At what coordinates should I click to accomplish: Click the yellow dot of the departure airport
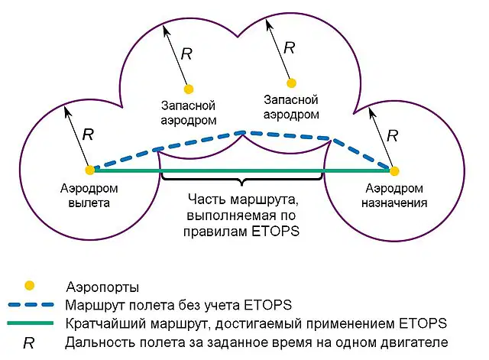pos(90,170)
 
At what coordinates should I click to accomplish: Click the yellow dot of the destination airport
pos(394,171)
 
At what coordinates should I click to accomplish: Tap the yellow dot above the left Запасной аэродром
pos(189,89)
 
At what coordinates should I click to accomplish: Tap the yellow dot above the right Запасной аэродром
pos(291,83)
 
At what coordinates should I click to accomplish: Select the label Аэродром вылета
pos(89,196)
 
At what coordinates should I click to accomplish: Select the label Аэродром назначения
pos(394,196)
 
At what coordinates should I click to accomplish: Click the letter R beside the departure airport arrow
pos(88,135)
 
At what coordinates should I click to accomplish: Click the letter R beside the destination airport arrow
pos(392,136)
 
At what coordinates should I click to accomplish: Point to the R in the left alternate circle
pos(186,54)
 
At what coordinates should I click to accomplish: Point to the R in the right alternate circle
pos(289,47)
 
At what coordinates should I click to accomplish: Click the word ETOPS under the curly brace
pos(275,232)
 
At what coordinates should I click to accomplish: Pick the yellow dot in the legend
pos(30,285)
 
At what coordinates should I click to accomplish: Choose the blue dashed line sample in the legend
pos(31,304)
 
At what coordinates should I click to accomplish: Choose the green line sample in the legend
pos(31,323)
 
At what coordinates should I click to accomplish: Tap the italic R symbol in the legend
pos(29,343)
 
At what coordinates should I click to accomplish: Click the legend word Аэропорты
pos(102,287)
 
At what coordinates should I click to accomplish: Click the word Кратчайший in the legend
pos(108,323)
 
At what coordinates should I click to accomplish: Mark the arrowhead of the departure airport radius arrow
pos(66,111)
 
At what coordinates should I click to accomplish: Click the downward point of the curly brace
pos(242,185)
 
